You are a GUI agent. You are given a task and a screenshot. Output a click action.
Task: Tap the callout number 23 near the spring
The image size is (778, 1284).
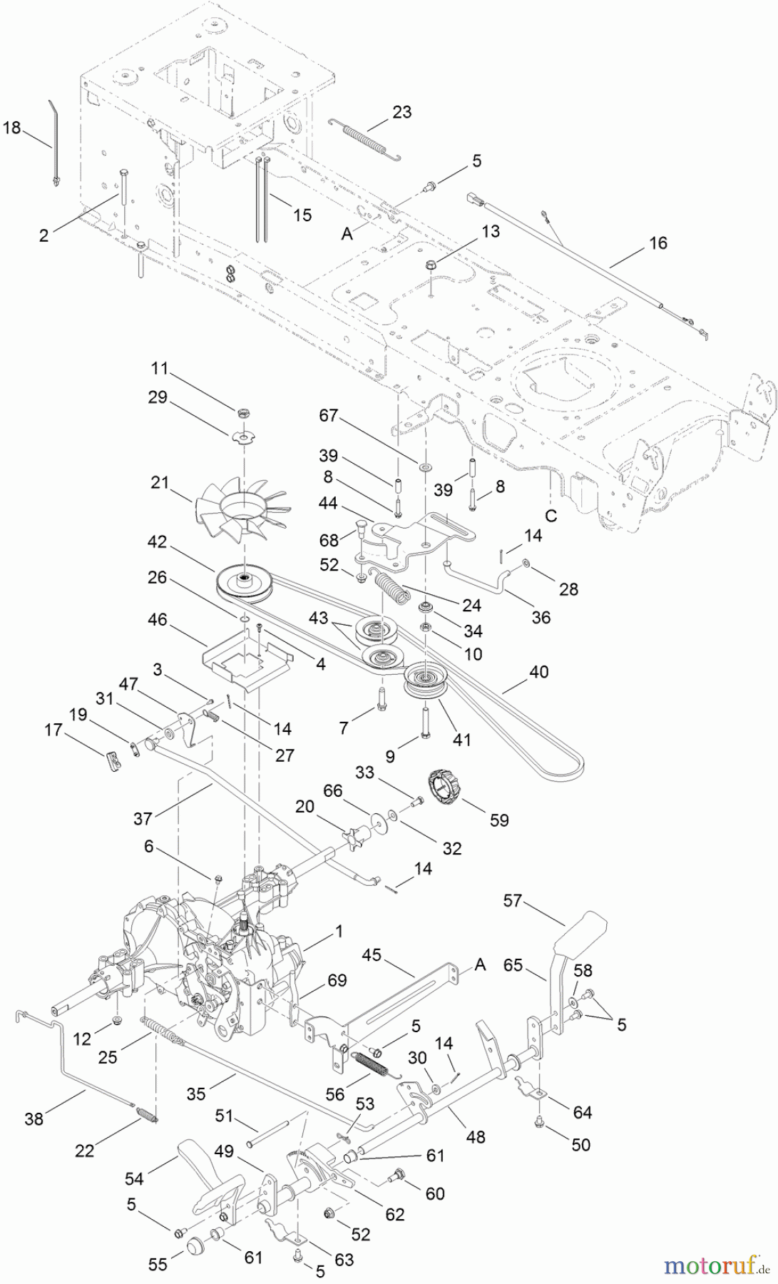tap(401, 112)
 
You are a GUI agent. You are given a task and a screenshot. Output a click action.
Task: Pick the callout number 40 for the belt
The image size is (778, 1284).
tap(538, 672)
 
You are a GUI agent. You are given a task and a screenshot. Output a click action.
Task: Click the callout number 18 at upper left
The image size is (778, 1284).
tap(11, 128)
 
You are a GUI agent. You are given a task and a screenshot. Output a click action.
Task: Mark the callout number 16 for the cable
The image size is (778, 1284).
tap(657, 243)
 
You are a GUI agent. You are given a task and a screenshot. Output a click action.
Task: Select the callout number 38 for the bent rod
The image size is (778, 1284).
tap(33, 1119)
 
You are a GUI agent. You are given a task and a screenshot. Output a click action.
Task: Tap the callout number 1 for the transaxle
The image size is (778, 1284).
tap(339, 931)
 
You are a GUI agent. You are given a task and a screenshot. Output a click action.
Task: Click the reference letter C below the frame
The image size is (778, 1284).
tap(551, 516)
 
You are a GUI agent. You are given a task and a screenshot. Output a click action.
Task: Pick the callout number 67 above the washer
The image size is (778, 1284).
tap(328, 416)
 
